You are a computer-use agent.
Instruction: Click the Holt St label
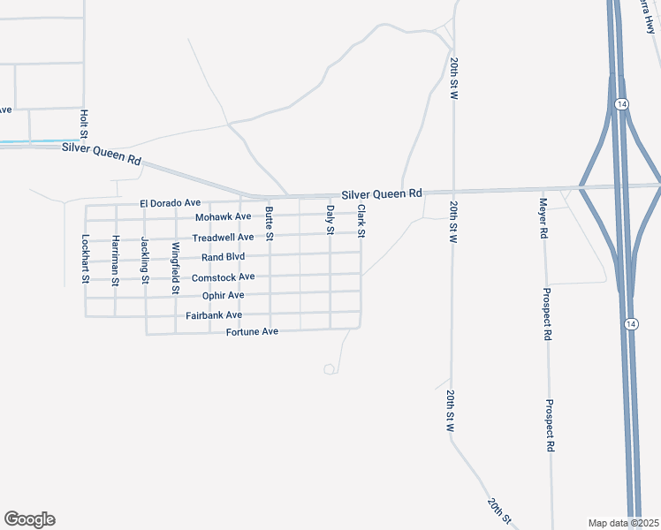pos(84,125)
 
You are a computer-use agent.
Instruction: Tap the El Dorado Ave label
pos(171,203)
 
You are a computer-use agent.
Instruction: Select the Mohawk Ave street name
pos(224,216)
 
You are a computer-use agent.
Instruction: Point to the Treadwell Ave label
pos(223,237)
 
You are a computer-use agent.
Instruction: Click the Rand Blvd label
pos(223,257)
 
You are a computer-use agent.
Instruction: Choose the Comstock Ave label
pos(223,276)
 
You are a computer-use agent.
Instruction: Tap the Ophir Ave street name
pos(223,295)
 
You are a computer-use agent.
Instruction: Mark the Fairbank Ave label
pos(214,315)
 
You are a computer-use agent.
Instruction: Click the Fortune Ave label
pos(252,331)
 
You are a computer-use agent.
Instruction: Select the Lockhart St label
pos(86,258)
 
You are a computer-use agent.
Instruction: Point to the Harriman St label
pos(115,259)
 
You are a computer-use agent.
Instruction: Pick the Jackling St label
pos(145,259)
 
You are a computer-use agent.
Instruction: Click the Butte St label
pos(269,223)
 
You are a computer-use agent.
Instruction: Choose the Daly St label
pos(330,218)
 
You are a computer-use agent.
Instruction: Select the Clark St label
pos(361,222)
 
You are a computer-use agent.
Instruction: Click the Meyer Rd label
pos(544,219)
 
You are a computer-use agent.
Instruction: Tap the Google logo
pos(29,519)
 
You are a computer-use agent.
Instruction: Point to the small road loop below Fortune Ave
pos(330,368)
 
